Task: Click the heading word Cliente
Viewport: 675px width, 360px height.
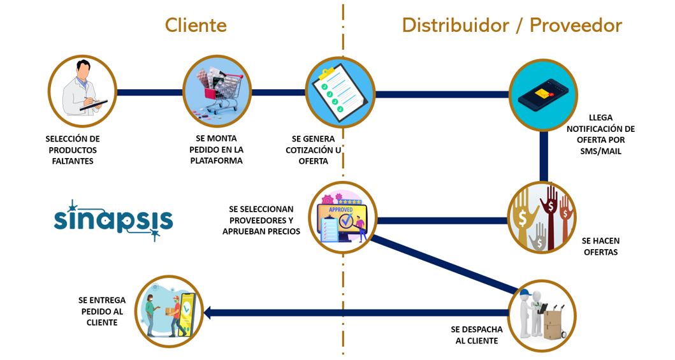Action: [196, 25]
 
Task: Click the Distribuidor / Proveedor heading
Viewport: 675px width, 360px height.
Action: [511, 25]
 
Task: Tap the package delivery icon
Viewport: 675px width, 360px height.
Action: [169, 310]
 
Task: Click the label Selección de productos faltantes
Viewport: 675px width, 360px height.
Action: [73, 150]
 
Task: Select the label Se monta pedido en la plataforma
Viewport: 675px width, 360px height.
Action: [217, 150]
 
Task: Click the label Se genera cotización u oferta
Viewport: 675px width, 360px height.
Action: [314, 150]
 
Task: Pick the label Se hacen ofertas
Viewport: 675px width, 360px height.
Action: [600, 247]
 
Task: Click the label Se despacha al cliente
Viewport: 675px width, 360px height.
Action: [477, 335]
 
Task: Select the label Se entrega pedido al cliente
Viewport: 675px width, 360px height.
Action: [102, 311]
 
